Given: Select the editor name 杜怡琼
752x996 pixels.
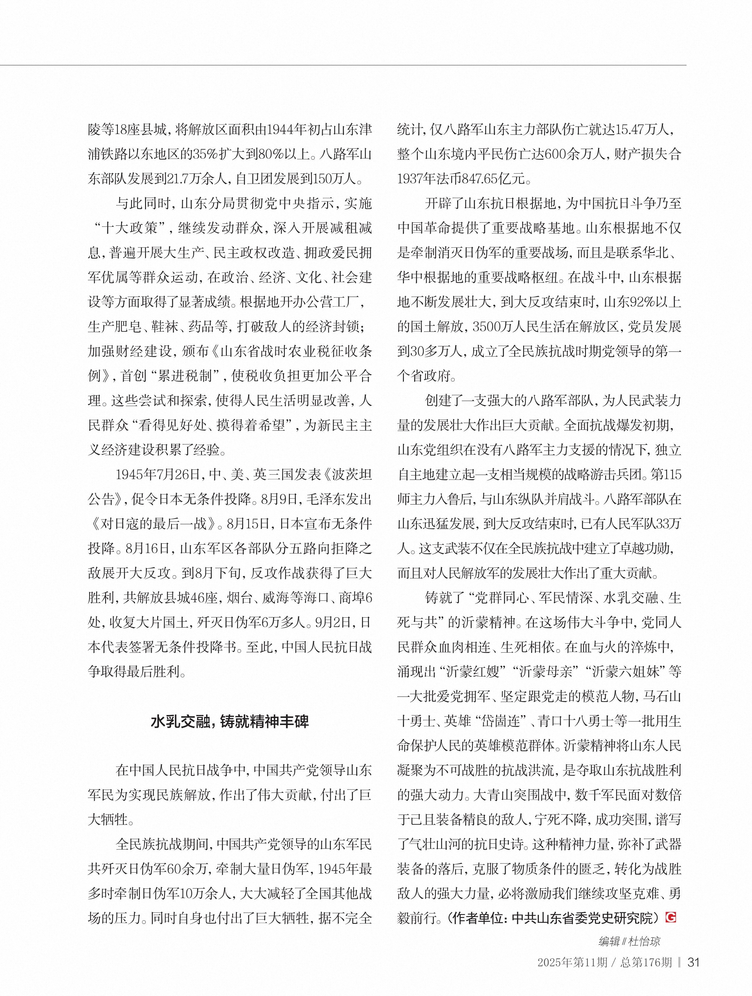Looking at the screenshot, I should [646, 941].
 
